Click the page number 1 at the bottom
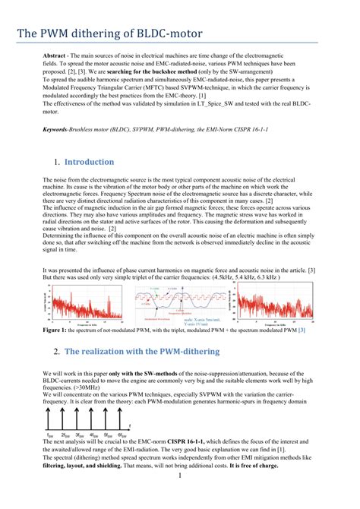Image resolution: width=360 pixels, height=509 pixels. (178, 498)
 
